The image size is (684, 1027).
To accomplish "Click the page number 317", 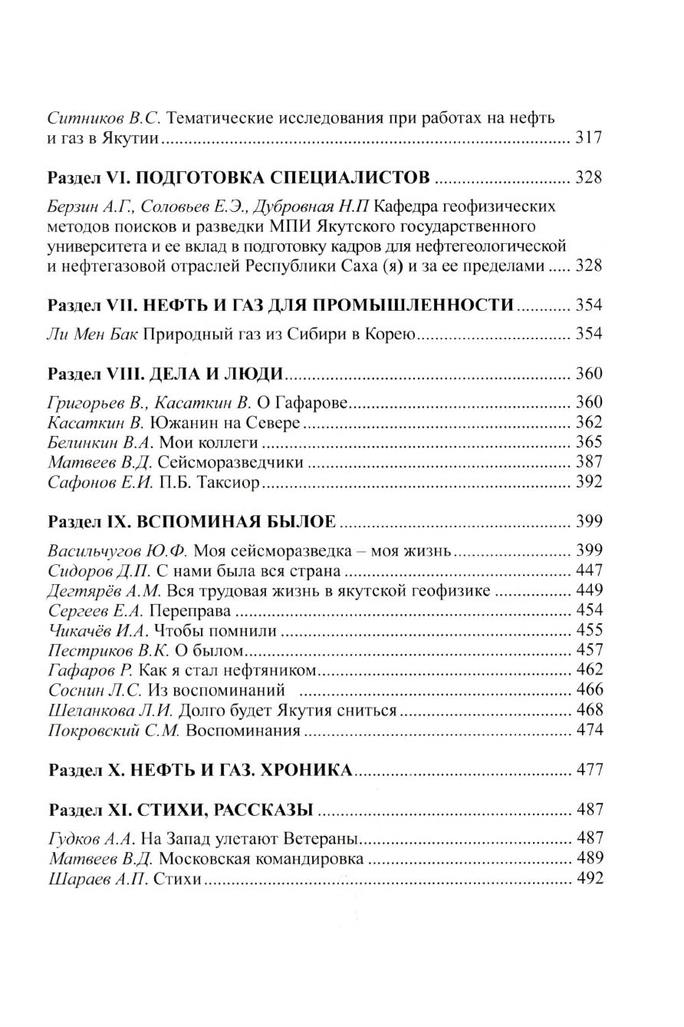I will [x=588, y=139].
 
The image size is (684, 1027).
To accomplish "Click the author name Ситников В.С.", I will [x=104, y=119].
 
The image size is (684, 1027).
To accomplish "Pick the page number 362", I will [x=588, y=422].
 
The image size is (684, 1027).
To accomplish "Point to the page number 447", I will [x=588, y=570].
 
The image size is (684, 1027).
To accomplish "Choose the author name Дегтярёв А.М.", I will [x=104, y=590].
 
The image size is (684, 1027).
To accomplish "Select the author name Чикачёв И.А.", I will [x=98, y=630].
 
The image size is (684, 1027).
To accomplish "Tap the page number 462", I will [x=588, y=670].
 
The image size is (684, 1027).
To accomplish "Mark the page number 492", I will [x=588, y=878].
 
